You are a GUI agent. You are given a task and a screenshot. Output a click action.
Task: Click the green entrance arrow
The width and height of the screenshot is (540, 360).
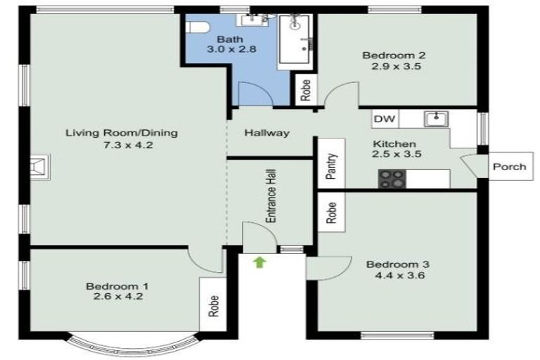tap(259, 263)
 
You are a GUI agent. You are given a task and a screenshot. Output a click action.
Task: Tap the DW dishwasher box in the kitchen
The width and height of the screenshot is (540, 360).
tap(384, 120)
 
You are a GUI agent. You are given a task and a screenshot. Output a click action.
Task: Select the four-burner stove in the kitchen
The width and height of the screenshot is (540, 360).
tap(392, 179)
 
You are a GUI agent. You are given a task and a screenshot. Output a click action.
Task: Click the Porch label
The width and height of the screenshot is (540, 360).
tap(509, 167)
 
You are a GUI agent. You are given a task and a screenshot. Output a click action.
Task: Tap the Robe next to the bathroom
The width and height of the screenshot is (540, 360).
tap(305, 91)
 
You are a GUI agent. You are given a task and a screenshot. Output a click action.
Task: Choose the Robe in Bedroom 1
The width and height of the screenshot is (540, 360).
tap(212, 302)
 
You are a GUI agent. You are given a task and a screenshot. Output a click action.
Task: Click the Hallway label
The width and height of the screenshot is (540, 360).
tap(267, 133)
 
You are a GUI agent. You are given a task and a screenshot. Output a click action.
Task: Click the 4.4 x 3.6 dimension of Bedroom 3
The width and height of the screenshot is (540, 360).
tap(397, 276)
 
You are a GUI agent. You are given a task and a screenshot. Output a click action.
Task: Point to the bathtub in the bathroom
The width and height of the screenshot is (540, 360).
tap(295, 41)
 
